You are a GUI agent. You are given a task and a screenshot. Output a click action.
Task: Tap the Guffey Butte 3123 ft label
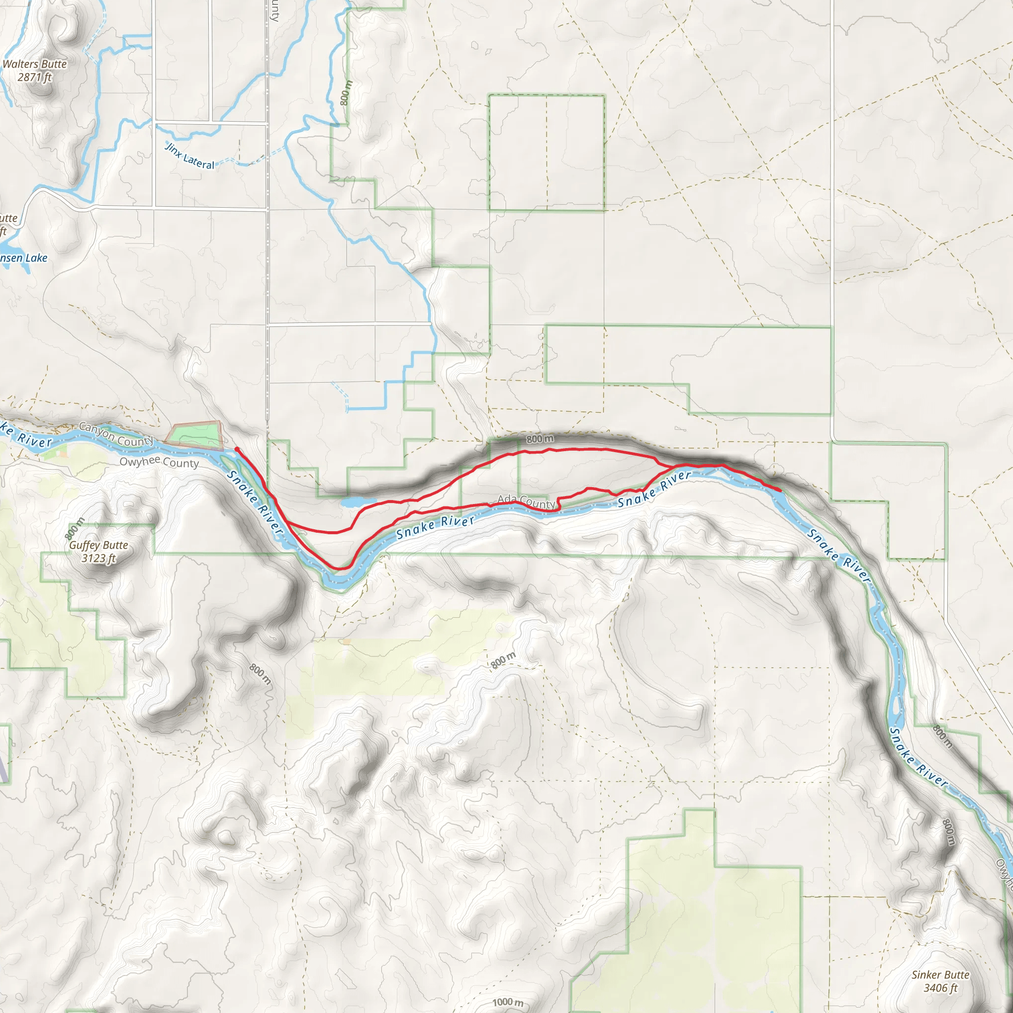[x=98, y=551]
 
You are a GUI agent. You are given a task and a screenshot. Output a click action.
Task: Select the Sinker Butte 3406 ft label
[x=940, y=981]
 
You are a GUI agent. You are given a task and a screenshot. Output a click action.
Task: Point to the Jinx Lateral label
[x=190, y=156]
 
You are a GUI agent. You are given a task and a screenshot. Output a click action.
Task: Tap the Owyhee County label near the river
[x=159, y=462]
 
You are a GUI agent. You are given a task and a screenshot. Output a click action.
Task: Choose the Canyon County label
[x=116, y=435]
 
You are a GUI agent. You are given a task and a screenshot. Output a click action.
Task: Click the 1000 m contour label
[x=507, y=1002]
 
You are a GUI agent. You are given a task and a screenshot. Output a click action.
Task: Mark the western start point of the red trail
[x=237, y=449]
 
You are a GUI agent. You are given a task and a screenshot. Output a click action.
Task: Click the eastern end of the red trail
[x=780, y=490]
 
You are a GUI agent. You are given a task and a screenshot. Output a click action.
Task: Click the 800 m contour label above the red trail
[x=540, y=438]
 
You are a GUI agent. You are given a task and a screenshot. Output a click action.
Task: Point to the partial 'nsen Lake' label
[x=24, y=258]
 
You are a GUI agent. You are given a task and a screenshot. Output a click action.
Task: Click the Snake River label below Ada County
[x=435, y=527]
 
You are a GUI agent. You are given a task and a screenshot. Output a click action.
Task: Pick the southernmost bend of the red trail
[x=341, y=568]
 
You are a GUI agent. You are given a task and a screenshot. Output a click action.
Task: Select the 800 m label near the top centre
[x=346, y=92]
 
